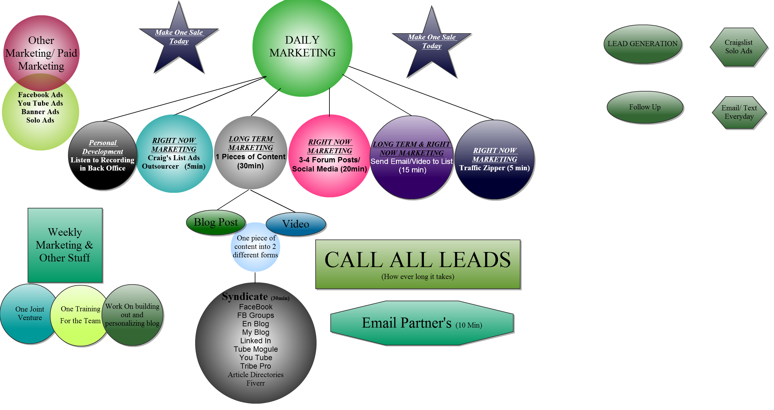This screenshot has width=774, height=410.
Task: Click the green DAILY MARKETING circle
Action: point(302,47)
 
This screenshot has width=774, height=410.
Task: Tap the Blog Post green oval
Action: point(216,223)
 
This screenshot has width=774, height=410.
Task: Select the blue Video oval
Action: point(296,224)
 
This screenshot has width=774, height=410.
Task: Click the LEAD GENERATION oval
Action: point(642,44)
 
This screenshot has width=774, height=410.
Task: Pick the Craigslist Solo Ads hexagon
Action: point(738,47)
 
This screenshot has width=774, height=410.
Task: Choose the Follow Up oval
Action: point(645,107)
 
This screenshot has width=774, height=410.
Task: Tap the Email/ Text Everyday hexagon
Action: point(739,112)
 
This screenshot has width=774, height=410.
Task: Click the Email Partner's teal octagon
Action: point(422,323)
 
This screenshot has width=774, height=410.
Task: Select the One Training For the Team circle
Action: point(80,315)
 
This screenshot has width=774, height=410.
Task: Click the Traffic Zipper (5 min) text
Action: point(494,168)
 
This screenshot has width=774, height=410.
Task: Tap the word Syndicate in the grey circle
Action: point(245,297)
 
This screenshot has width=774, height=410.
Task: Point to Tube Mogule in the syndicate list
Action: point(256,349)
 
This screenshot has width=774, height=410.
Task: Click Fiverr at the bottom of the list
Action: point(255,383)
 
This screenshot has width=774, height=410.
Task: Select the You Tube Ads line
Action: point(40,103)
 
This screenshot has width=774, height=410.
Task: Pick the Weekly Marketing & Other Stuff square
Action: point(65,245)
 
